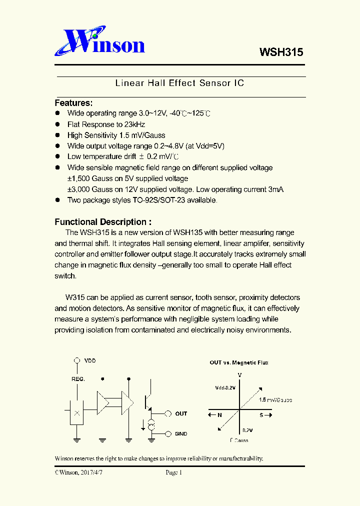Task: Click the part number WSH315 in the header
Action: (281, 52)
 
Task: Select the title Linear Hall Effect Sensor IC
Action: (179, 83)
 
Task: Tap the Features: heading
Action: (73, 103)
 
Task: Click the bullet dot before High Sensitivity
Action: (57, 135)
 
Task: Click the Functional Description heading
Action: (102, 222)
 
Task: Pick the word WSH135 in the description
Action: (186, 232)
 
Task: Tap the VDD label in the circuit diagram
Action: (90, 360)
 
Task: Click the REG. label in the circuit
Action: (78, 379)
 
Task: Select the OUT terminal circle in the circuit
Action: (168, 413)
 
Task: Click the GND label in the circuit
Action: (181, 434)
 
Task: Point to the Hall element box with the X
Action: (76, 413)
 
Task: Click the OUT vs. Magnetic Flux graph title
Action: (238, 362)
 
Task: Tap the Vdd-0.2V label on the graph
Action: (225, 387)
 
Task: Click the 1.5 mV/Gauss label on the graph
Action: (275, 400)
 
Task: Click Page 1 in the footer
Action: (174, 472)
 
